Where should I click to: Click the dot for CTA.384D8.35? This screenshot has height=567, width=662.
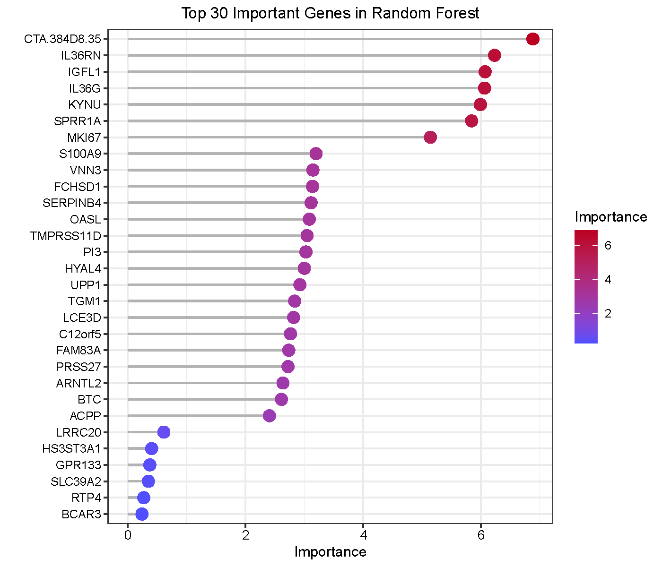pos(532,39)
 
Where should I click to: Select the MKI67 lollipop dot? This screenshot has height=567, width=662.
pos(430,137)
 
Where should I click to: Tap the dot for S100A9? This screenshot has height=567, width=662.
pos(316,154)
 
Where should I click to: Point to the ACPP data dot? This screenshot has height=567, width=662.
pos(270,416)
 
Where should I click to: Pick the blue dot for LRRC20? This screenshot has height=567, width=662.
pos(164,432)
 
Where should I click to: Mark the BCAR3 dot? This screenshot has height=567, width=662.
pos(142,514)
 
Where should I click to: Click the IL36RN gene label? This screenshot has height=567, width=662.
pos(81,56)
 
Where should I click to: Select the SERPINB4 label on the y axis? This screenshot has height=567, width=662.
pos(72,203)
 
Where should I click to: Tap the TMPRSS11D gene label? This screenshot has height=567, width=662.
pos(66,236)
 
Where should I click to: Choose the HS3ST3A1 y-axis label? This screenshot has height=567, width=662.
pos(71,448)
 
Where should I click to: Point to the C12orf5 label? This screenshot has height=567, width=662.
pos(80,334)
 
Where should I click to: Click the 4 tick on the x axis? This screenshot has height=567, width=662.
pos(363,535)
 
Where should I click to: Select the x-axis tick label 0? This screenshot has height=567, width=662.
pos(128,535)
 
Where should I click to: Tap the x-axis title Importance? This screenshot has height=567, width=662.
pos(330,552)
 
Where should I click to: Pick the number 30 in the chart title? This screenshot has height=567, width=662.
pos(220,13)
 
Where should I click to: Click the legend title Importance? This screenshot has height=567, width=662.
pos(610,217)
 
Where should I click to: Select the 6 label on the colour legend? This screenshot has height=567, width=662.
pos(608,246)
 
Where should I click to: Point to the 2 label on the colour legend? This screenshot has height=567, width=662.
pos(608,314)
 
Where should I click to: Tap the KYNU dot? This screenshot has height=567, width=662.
pos(480,104)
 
